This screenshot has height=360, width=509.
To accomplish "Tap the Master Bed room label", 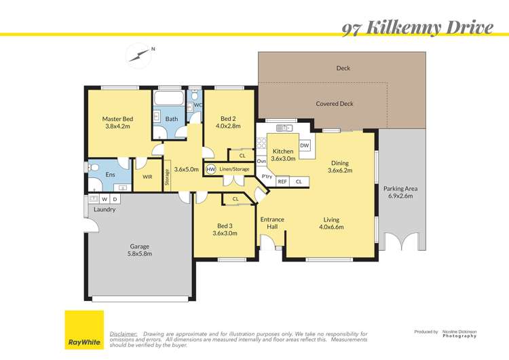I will pos(117,120).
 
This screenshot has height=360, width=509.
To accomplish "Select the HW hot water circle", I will pos(210,169).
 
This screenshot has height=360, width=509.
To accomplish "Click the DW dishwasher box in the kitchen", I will pos(305,145).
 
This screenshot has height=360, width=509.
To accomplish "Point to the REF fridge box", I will pos(282,181).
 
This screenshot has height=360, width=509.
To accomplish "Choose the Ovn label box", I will pos(261,162).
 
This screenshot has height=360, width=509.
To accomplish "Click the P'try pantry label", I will pos(267,177).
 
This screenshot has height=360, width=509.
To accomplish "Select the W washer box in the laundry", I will pos(105,199).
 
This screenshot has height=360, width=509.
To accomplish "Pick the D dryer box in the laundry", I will pos(115,199).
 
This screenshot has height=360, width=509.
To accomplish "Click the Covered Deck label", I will pos(335,104).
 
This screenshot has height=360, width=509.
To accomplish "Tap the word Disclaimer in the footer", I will pos(124,334).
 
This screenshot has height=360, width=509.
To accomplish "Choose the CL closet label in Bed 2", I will pos(242,156).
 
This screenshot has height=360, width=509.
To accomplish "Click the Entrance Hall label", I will pos(272,223).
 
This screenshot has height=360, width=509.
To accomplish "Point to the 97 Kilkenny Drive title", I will pos(417,27).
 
